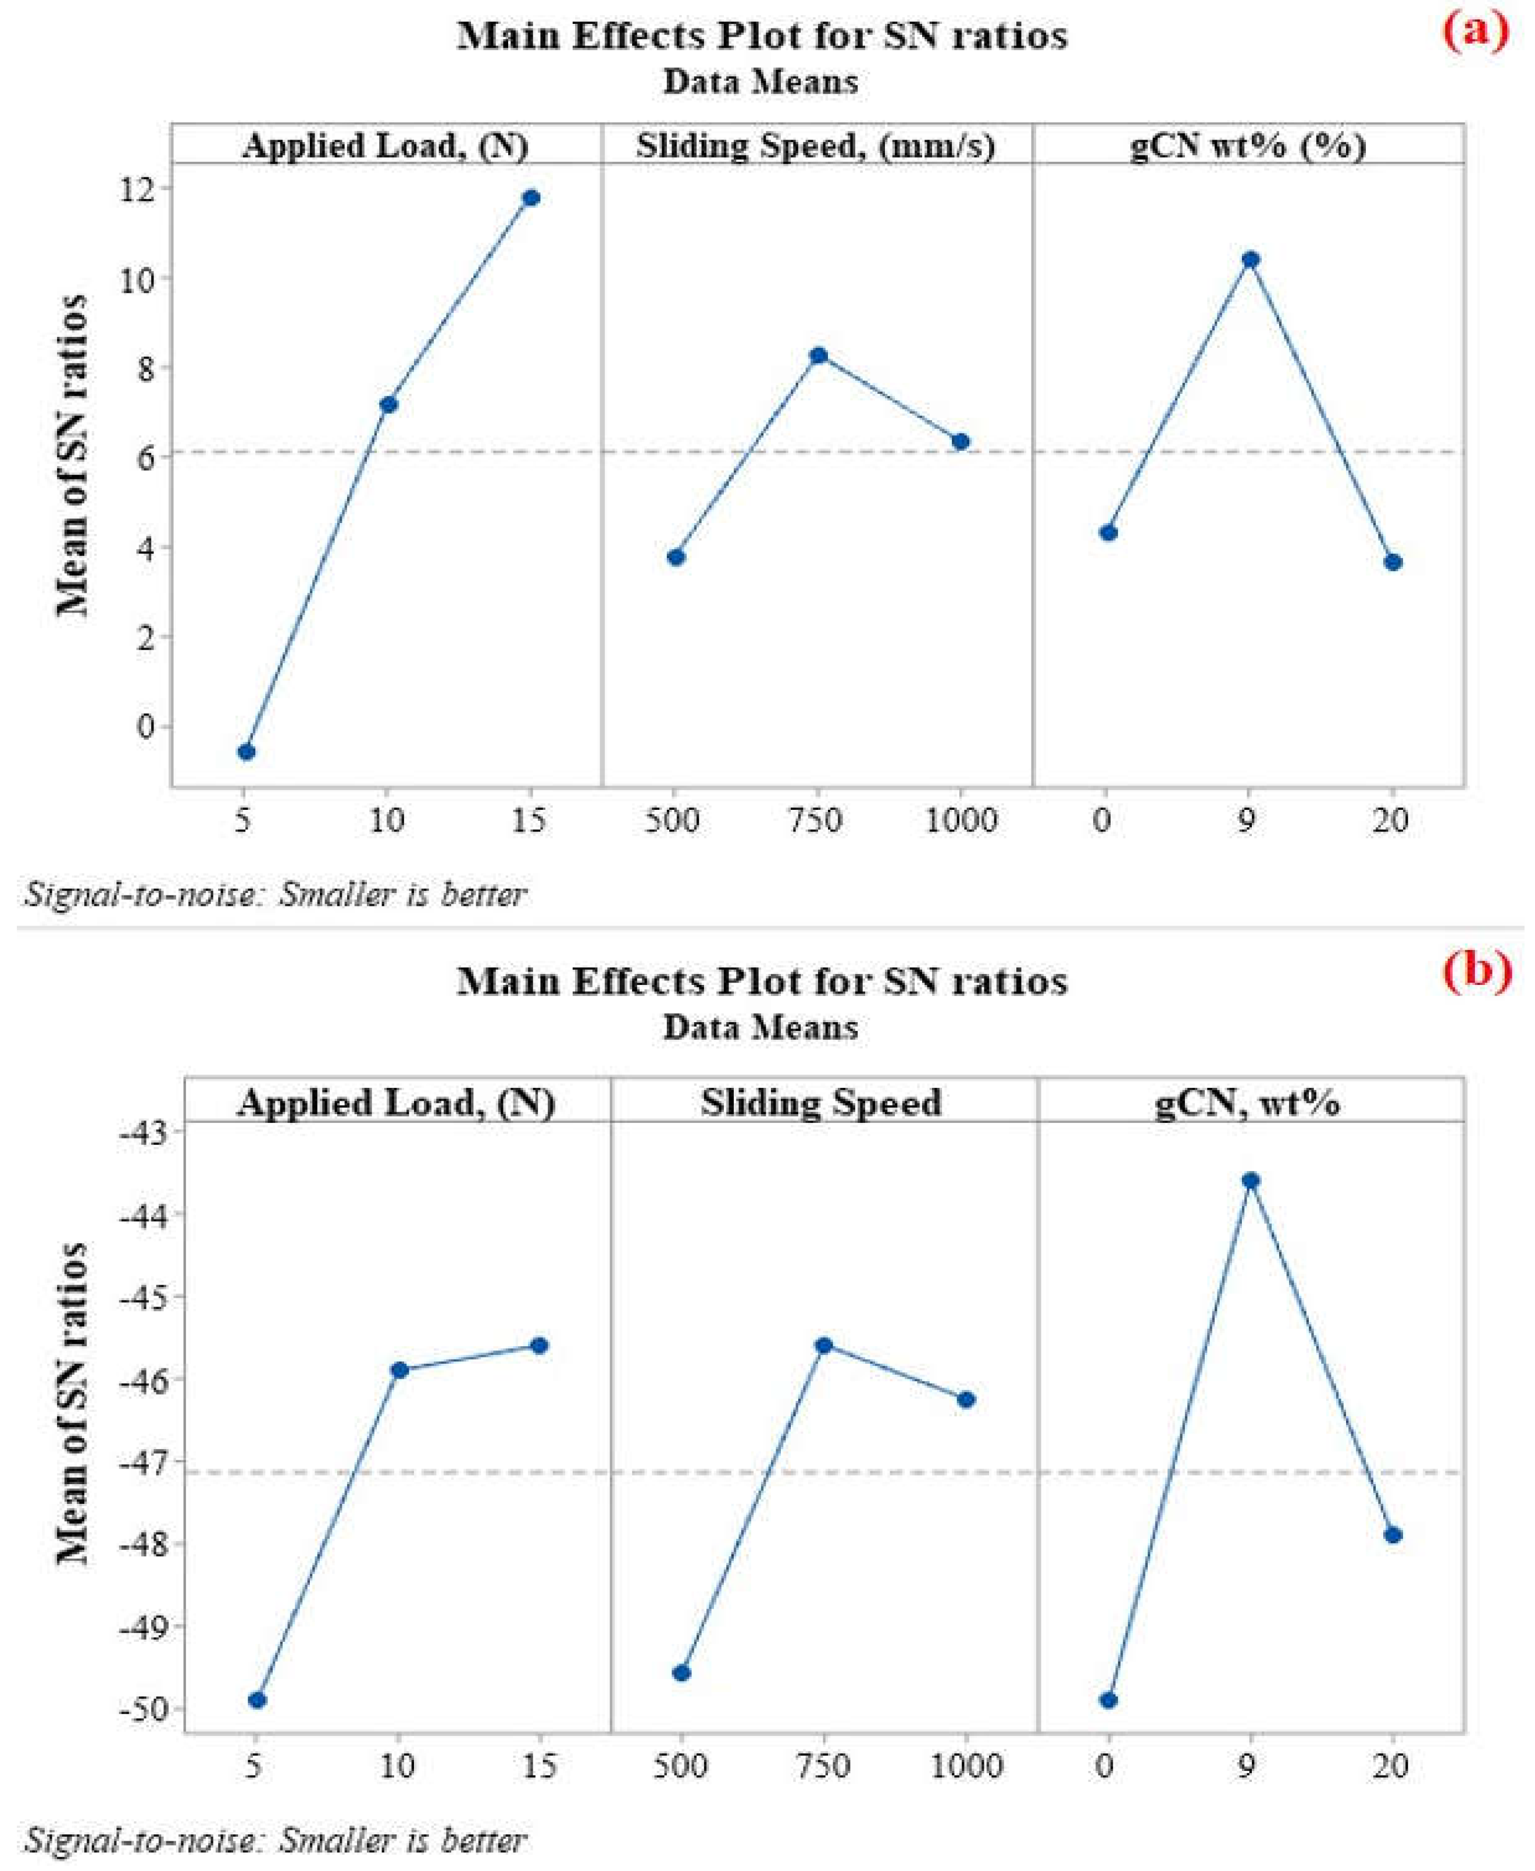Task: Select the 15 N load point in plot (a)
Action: click(530, 197)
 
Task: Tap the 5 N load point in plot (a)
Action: click(247, 751)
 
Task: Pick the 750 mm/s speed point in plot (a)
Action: click(818, 355)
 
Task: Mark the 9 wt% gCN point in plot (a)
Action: click(1250, 259)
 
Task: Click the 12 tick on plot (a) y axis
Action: click(141, 188)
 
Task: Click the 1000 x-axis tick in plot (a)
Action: click(961, 820)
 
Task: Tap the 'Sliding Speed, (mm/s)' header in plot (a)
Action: click(815, 145)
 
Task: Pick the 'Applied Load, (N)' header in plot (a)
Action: click(385, 145)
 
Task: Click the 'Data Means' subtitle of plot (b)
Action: click(761, 1027)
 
